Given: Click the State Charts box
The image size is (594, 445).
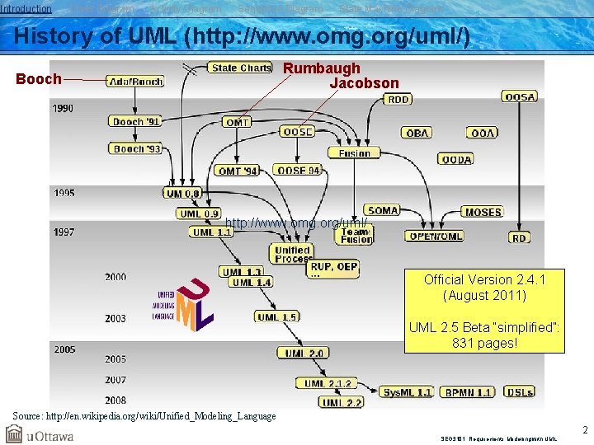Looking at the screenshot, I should pyautogui.click(x=239, y=68).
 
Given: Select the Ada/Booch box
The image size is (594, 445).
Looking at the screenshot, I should pyautogui.click(x=134, y=81).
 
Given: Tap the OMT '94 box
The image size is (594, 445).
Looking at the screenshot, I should pyautogui.click(x=238, y=171).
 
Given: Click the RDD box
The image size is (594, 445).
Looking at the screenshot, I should pyautogui.click(x=398, y=99).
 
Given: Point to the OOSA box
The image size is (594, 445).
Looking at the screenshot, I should pyautogui.click(x=520, y=96).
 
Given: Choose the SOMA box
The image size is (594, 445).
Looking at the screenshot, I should pyautogui.click(x=383, y=210).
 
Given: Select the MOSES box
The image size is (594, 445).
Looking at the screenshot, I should pyautogui.click(x=483, y=212).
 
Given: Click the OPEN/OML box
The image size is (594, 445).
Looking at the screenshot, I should pyautogui.click(x=434, y=236).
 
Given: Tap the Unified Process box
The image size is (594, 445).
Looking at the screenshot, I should pyautogui.click(x=292, y=254).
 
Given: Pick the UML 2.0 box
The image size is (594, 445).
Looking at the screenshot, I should pyautogui.click(x=303, y=353).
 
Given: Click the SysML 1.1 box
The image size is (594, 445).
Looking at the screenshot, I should pyautogui.click(x=407, y=392).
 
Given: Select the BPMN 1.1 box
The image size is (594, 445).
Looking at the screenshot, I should pyautogui.click(x=466, y=392).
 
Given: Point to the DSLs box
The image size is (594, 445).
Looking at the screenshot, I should pyautogui.click(x=519, y=392).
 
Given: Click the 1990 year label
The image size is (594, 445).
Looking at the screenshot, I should pyautogui.click(x=64, y=108).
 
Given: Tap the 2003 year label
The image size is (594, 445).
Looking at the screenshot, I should pyautogui.click(x=115, y=318).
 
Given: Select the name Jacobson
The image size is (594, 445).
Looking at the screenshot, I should pyautogui.click(x=364, y=83).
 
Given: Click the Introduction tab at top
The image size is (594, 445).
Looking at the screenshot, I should pyautogui.click(x=26, y=8).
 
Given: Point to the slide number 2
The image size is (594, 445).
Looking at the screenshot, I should pyautogui.click(x=585, y=429).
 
